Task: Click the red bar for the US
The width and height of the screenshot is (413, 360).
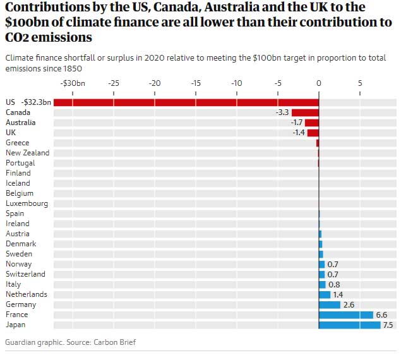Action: click(186, 102)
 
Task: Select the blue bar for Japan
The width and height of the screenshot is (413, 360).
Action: click(350, 325)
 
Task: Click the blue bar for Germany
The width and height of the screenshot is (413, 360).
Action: click(330, 304)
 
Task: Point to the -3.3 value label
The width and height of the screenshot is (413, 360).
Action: click(282, 112)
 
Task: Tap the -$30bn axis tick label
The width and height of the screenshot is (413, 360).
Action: click(72, 83)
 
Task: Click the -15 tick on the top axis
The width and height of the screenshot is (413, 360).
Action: click(196, 83)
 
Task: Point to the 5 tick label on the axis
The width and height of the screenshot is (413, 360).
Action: click(360, 83)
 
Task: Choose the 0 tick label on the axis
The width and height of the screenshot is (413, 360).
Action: click(319, 83)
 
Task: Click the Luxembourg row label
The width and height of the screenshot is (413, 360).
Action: click(27, 203)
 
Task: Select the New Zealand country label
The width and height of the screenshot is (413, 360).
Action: click(27, 153)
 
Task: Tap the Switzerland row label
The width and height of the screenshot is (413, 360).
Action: click(25, 274)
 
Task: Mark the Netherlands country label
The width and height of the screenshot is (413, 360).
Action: click(26, 294)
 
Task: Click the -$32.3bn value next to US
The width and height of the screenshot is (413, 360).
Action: click(36, 102)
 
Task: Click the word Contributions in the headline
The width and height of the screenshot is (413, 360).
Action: click(47, 8)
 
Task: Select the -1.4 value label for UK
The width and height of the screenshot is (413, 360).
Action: click(299, 133)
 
